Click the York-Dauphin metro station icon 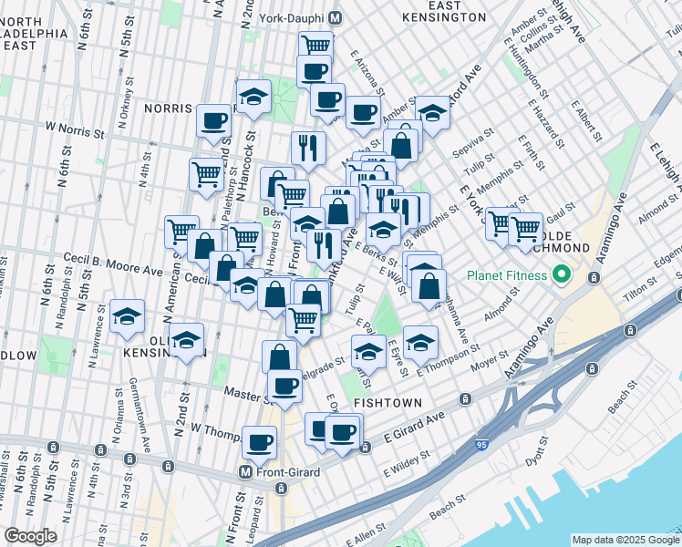335,17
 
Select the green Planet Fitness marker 563,274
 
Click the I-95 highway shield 481,444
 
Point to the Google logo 30,536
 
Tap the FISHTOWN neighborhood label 387,402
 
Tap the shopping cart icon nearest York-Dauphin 315,44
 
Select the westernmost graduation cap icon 127,315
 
